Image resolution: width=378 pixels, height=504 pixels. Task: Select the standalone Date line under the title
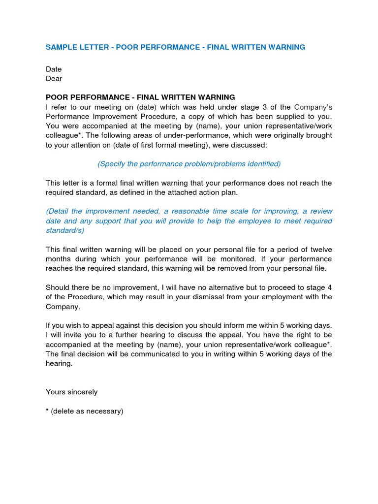[54, 69]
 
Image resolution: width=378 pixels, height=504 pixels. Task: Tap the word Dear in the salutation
[54, 79]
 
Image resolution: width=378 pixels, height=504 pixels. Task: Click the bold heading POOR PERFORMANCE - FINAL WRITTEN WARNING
[140, 97]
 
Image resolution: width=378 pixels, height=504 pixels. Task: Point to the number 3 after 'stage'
[269, 107]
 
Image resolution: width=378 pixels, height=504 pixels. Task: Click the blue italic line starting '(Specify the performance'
[189, 164]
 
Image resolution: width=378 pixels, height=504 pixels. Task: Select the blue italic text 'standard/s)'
[65, 230]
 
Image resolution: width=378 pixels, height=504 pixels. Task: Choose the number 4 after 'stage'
[330, 287]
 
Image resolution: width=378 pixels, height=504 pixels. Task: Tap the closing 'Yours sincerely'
[72, 392]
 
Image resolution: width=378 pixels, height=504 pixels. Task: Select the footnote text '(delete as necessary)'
[87, 411]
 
